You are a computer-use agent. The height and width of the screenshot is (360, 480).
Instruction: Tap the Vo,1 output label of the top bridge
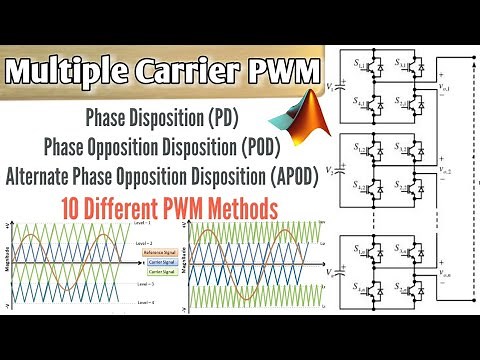tap(444, 90)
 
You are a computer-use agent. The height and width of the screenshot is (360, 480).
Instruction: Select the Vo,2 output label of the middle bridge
tap(444, 171)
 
